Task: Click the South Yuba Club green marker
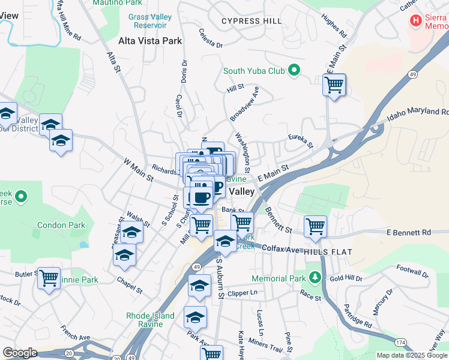click(x=294, y=71)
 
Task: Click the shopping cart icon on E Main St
click(x=334, y=84)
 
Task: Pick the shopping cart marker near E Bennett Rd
click(x=315, y=226)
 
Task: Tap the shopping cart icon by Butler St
click(x=49, y=278)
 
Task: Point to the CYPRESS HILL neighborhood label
click(x=251, y=21)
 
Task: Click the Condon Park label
click(x=61, y=226)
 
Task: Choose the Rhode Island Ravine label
click(x=144, y=320)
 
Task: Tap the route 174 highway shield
click(x=401, y=342)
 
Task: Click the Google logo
click(x=20, y=353)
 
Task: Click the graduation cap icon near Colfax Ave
click(x=225, y=242)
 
